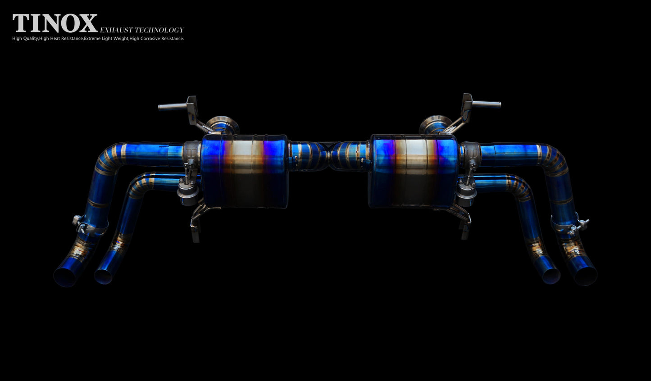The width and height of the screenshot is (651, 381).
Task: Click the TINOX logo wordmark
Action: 55,23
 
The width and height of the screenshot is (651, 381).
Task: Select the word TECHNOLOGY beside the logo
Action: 159,30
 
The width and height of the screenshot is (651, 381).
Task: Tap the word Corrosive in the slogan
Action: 150,39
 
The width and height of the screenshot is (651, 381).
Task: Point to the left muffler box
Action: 244,171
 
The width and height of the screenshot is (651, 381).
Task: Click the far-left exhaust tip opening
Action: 65,277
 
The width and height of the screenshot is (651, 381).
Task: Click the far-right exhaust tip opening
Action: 586,276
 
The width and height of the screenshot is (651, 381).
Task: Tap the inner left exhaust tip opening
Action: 103,277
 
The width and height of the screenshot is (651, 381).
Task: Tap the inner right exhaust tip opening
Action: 551,276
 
